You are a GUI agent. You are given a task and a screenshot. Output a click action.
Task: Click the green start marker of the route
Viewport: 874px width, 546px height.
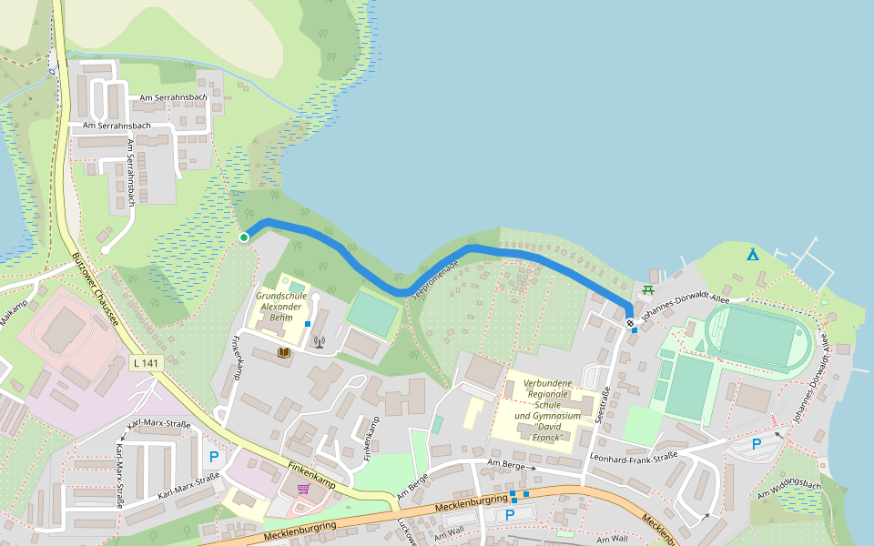point(243,238)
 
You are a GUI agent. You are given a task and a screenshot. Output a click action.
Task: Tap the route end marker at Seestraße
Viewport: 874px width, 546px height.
point(630,322)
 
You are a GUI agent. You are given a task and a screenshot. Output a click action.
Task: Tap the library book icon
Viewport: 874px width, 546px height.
point(284,351)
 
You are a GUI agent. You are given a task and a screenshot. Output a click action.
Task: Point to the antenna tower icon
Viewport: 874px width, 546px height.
point(319,342)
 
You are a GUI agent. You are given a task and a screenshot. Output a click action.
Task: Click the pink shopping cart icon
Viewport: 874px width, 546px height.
point(302,489)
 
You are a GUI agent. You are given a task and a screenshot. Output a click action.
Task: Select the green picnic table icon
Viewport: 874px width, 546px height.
point(648,290)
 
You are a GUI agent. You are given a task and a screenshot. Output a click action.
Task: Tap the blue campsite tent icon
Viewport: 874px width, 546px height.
point(752,254)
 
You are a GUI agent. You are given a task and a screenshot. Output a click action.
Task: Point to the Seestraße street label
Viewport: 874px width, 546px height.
point(602,404)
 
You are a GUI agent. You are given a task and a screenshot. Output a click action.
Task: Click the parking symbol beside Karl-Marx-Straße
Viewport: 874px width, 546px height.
point(215,457)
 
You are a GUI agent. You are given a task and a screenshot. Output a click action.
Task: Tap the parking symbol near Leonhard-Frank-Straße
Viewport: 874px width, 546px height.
point(756,444)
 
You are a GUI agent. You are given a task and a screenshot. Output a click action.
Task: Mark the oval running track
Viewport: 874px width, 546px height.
point(757,336)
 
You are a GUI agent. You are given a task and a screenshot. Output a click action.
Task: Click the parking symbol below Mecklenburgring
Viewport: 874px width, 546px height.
point(510,515)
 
